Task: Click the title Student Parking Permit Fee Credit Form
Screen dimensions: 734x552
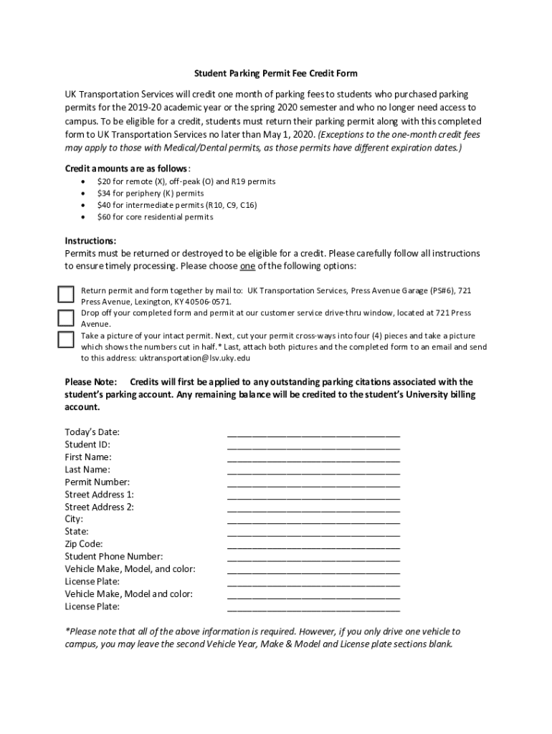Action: point(276,73)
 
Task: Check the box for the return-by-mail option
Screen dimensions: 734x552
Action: point(66,294)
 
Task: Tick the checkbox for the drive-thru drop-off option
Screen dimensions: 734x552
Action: point(66,317)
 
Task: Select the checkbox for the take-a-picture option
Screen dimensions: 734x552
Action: point(66,339)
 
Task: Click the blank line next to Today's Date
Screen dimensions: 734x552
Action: point(313,433)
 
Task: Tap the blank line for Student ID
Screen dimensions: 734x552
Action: point(313,445)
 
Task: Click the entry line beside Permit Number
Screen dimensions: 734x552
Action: point(313,483)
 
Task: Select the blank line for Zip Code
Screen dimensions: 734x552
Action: point(313,545)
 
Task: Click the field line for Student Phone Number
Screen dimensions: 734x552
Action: point(313,558)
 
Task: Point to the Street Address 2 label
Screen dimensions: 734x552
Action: point(99,507)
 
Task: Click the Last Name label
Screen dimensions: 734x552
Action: point(87,470)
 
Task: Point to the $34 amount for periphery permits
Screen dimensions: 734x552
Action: point(105,194)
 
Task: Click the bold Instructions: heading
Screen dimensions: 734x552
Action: point(90,241)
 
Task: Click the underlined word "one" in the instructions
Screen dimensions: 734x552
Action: point(247,266)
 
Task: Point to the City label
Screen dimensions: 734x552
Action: point(74,519)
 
